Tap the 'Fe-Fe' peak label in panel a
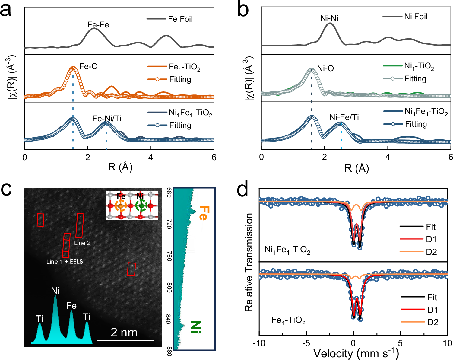click(98, 25)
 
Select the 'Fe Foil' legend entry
click(180, 19)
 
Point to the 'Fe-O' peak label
click(88, 66)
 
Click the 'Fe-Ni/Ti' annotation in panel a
click(107, 119)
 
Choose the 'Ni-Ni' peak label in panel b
click(329, 18)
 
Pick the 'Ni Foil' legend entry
click(416, 17)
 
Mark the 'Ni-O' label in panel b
click(325, 68)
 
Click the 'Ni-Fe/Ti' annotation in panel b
click(344, 117)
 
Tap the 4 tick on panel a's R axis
click(150, 157)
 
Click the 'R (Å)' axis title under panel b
click(356, 168)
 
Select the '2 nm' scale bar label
click(124, 333)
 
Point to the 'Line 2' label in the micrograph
click(82, 243)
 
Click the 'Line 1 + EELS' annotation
click(65, 262)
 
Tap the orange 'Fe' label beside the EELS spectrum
click(204, 213)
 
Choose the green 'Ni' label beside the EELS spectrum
click(196, 327)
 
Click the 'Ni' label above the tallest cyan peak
click(55, 291)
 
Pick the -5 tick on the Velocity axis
click(306, 343)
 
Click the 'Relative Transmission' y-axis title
click(249, 262)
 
